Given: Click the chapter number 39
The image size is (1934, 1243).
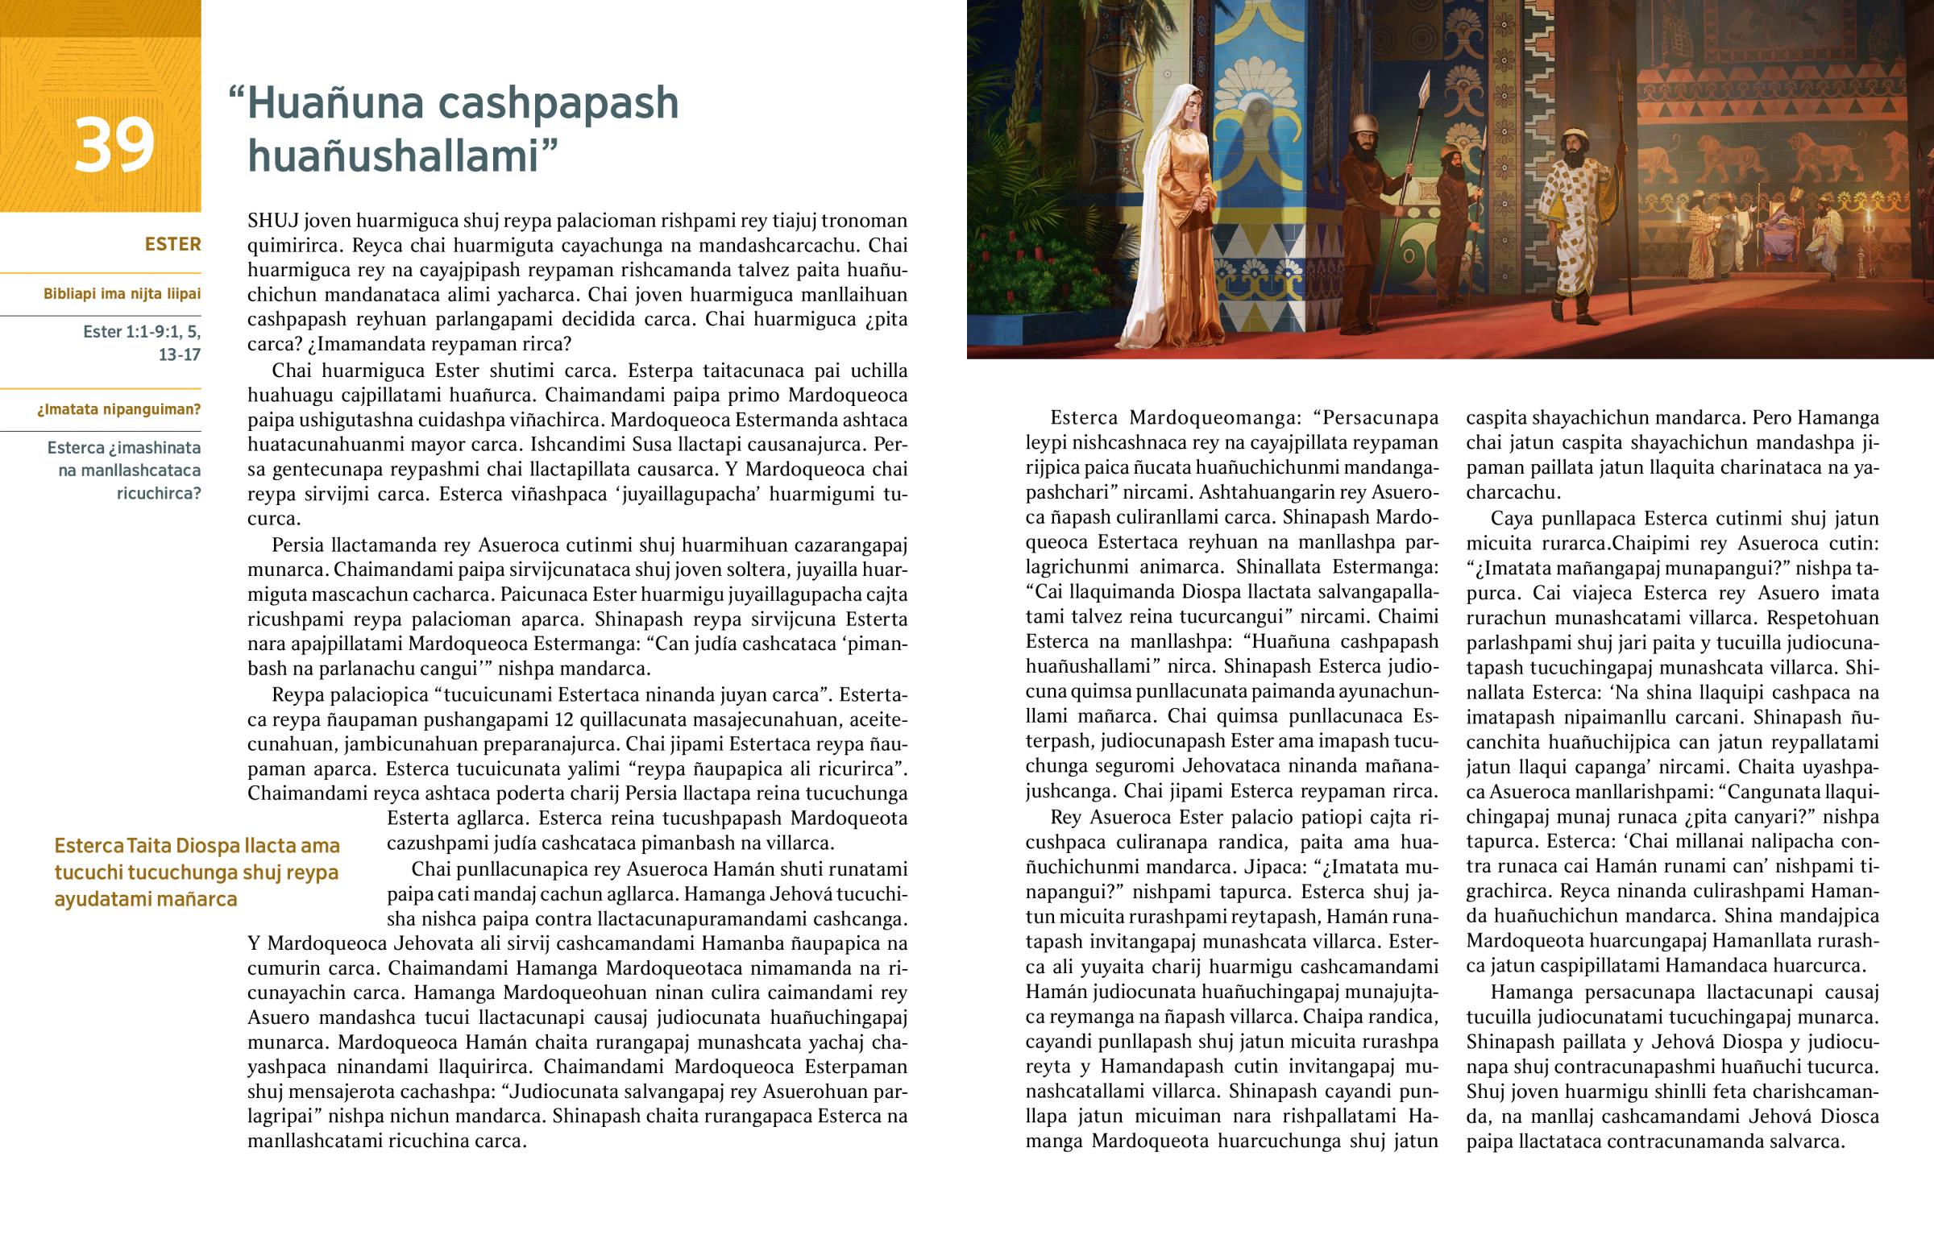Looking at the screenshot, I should click(x=114, y=145).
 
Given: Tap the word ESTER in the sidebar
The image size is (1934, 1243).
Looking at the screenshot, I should click(x=172, y=244).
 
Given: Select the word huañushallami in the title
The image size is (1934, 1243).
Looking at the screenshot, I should click(x=392, y=155).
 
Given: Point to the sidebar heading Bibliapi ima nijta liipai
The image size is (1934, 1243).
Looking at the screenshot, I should click(x=122, y=294).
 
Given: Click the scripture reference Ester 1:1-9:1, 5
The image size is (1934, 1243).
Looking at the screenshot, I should click(x=141, y=332).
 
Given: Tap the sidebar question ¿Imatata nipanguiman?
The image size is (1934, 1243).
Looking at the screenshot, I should click(x=118, y=409).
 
